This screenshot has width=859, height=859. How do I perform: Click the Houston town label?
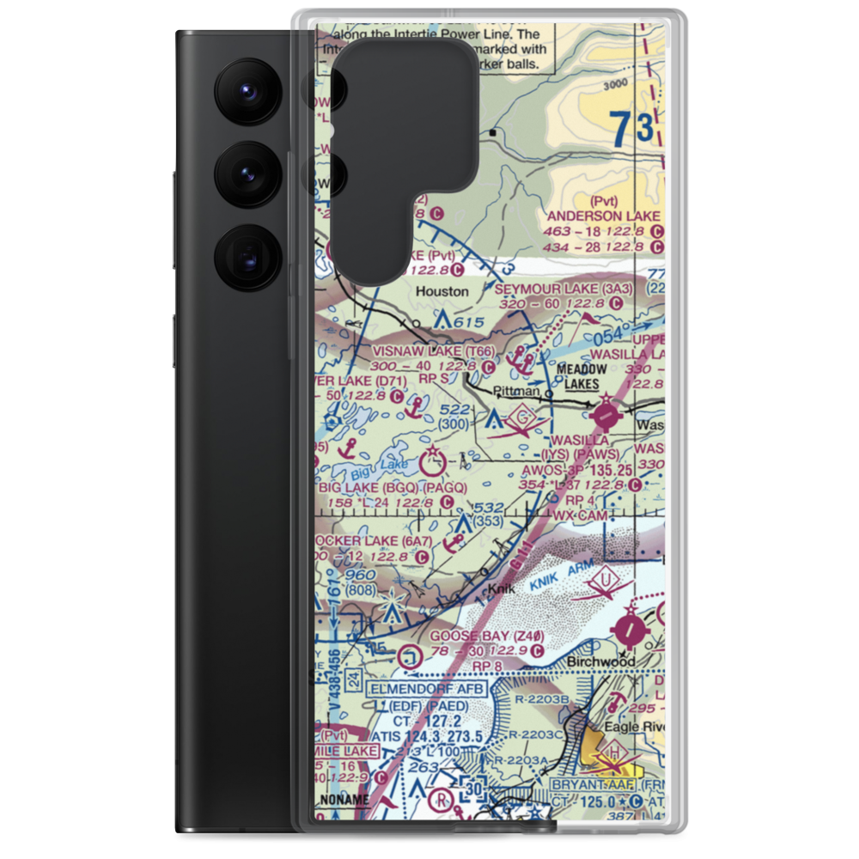pyautogui.click(x=442, y=291)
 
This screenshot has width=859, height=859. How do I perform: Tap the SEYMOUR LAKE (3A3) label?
pyautogui.click(x=563, y=289)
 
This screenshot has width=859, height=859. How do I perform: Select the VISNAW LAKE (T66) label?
pyautogui.click(x=434, y=352)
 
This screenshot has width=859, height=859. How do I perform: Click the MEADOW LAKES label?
pyautogui.click(x=582, y=375)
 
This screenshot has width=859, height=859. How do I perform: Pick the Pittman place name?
pyautogui.click(x=515, y=392)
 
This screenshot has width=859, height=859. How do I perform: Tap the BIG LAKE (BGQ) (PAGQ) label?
pyautogui.click(x=393, y=487)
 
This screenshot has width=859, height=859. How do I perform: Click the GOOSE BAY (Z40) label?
pyautogui.click(x=487, y=636)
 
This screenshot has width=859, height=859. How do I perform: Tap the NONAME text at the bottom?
pyautogui.click(x=343, y=800)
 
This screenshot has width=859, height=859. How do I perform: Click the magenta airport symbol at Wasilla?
pyautogui.click(x=606, y=415)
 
